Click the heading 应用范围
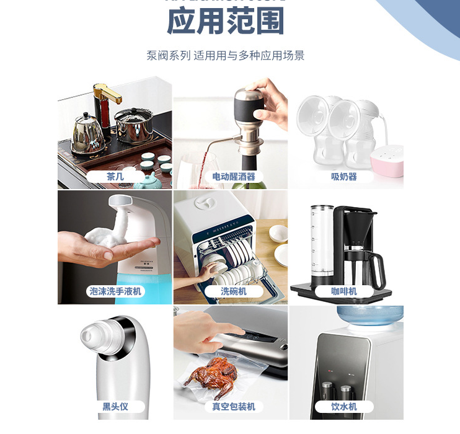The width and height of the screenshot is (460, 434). click(x=226, y=22)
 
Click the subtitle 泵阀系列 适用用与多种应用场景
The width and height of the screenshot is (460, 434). click(x=226, y=55)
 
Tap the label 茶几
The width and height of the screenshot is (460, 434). click(x=115, y=177)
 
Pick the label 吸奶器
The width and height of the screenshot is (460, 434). click(x=344, y=177)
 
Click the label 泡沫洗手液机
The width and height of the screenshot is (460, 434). click(x=115, y=291)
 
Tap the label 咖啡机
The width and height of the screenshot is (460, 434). click(x=344, y=291)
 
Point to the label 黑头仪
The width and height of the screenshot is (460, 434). click(x=115, y=407)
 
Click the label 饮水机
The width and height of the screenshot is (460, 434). click(x=344, y=407)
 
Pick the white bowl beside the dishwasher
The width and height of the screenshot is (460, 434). click(x=278, y=234)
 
